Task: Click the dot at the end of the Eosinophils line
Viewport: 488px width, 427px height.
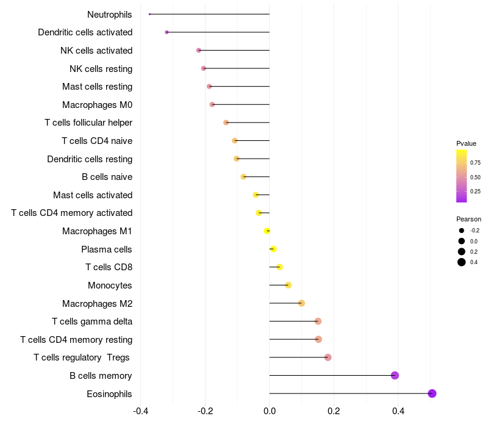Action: pos(432,393)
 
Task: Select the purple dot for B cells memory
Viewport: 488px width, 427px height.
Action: pos(395,375)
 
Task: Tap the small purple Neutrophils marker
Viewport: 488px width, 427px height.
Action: pos(149,14)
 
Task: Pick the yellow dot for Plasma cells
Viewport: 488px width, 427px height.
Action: pos(273,249)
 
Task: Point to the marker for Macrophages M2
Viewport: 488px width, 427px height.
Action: pos(301,303)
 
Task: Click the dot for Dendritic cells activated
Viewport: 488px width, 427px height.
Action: pos(167,32)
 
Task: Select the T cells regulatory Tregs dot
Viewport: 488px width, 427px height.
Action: pos(328,357)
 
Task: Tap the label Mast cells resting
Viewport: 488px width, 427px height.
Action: pos(97,87)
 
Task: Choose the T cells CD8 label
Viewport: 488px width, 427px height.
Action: pos(109,267)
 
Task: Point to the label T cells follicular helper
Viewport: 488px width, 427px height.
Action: pos(88,123)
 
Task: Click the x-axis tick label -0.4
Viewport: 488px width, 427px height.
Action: pos(140,411)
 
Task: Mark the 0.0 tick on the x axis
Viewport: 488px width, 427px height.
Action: pos(269,411)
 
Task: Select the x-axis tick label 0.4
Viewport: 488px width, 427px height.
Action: pos(398,411)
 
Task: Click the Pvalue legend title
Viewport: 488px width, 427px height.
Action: pos(466,143)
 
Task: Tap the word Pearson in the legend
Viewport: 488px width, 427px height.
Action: pos(468,219)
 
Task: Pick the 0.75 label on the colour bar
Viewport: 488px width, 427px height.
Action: pos(475,163)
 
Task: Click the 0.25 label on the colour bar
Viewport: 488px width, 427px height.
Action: pos(475,192)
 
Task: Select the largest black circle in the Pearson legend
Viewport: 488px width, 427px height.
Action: pos(462,262)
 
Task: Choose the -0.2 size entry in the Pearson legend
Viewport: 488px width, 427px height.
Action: pos(462,231)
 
